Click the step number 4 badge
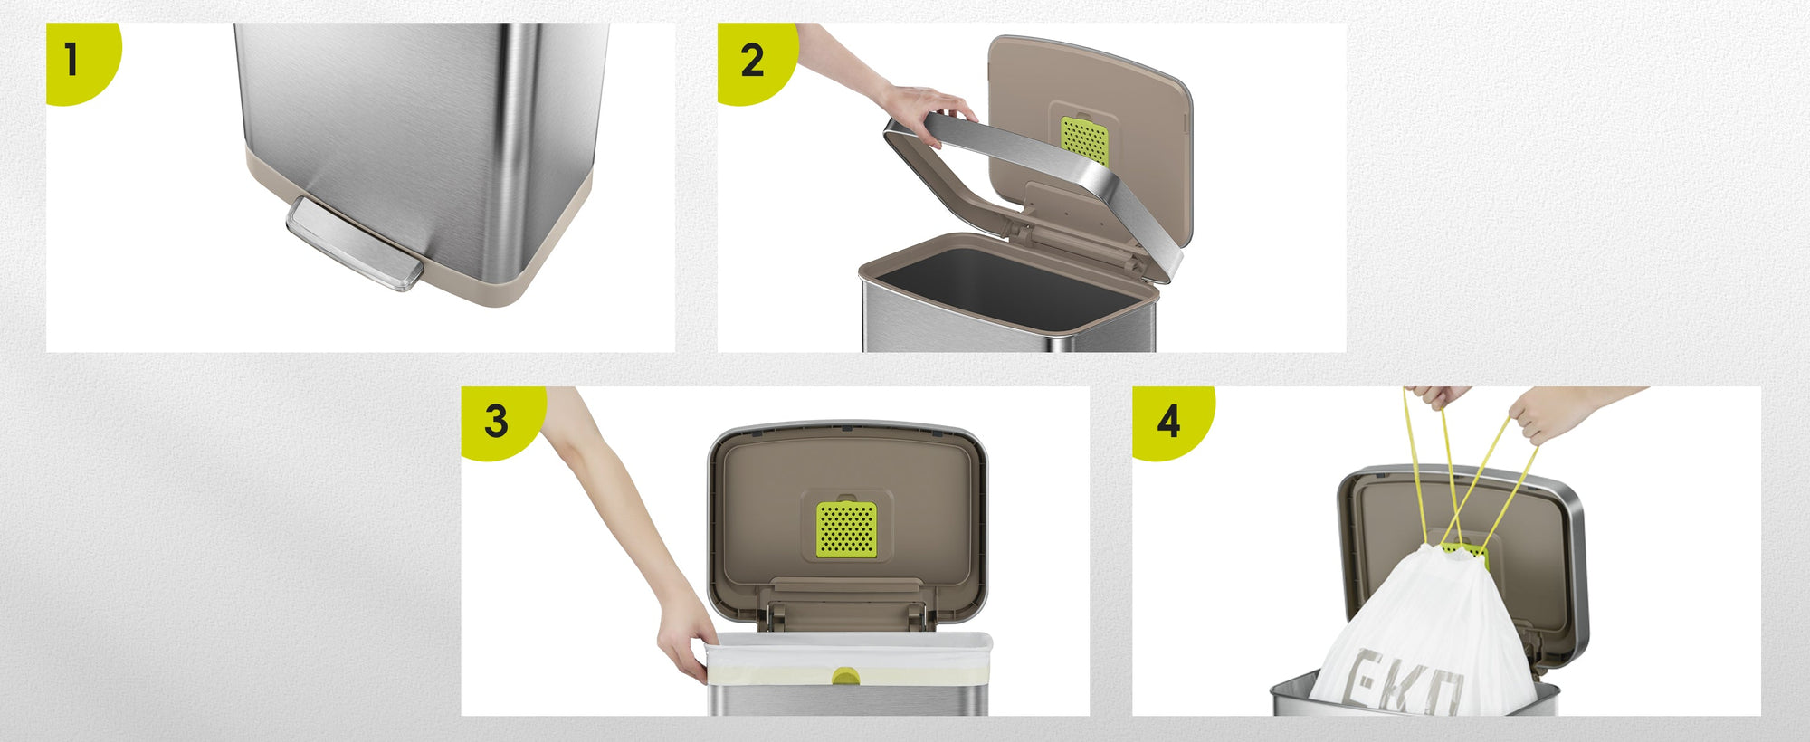click(x=1169, y=421)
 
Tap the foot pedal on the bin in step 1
click(x=354, y=243)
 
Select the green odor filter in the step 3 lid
click(x=846, y=529)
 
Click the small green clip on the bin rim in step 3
click(x=846, y=676)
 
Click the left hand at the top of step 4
click(x=1439, y=396)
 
